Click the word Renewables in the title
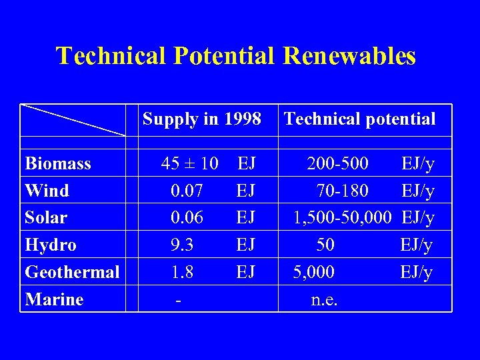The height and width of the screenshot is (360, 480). tap(349, 56)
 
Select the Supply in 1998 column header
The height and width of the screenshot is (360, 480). tap(202, 119)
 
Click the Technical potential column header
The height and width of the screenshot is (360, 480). tap(359, 119)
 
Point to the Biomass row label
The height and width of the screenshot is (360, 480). tap(58, 164)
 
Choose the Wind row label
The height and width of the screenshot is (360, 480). tap(47, 191)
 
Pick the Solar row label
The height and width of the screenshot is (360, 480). tap(46, 218)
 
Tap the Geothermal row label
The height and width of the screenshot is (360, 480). tap(72, 272)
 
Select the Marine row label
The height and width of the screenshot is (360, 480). tap(54, 299)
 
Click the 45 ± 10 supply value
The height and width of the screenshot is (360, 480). tap(190, 164)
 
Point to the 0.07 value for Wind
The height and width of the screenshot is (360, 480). tap(187, 191)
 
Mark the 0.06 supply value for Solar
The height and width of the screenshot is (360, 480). tap(187, 218)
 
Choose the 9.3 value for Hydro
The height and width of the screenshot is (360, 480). tap(182, 245)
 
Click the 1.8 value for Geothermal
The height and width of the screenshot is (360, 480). tap(182, 272)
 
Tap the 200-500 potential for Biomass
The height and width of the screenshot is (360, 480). tap(337, 164)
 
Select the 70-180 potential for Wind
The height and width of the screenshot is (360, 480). tap(342, 191)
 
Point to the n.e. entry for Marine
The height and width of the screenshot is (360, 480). tap(325, 299)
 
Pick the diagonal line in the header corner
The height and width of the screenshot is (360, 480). tap(73, 120)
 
